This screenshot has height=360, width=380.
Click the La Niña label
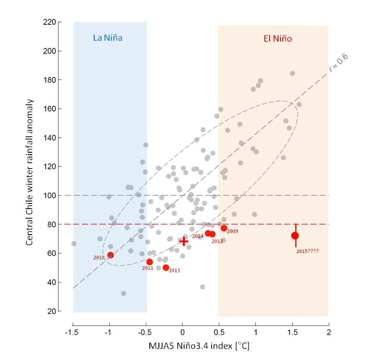point(111,38)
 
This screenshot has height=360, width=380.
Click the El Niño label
point(278,38)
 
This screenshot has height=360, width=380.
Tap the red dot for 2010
point(111,255)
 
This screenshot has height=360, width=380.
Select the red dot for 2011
point(150,262)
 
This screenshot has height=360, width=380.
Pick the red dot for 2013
point(166,268)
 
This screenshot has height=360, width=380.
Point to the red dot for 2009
point(224,228)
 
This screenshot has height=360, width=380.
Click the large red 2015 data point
point(295,236)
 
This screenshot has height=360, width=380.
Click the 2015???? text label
point(307,251)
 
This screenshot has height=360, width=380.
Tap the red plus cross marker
point(184,240)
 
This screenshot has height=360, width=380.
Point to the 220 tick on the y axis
point(49,22)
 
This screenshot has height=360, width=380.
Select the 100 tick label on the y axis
point(49,195)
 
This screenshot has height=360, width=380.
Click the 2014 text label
point(198,236)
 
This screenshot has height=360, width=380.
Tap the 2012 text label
point(217,241)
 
